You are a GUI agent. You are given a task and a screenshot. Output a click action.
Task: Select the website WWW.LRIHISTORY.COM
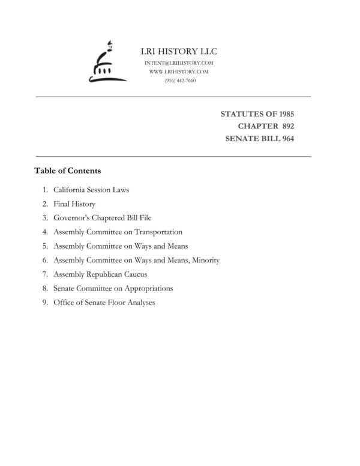179,71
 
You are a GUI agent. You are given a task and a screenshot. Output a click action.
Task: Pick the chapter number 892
285,126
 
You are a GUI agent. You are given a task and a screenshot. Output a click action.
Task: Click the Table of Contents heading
67,171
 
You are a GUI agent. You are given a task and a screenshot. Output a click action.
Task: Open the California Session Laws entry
91,190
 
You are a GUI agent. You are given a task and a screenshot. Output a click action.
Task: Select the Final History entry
74,204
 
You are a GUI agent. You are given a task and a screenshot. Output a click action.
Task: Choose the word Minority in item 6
203,260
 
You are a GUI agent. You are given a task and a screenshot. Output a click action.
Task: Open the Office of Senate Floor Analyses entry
104,303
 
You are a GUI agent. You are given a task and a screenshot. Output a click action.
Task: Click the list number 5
45,246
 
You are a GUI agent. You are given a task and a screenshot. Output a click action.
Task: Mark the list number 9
45,303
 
